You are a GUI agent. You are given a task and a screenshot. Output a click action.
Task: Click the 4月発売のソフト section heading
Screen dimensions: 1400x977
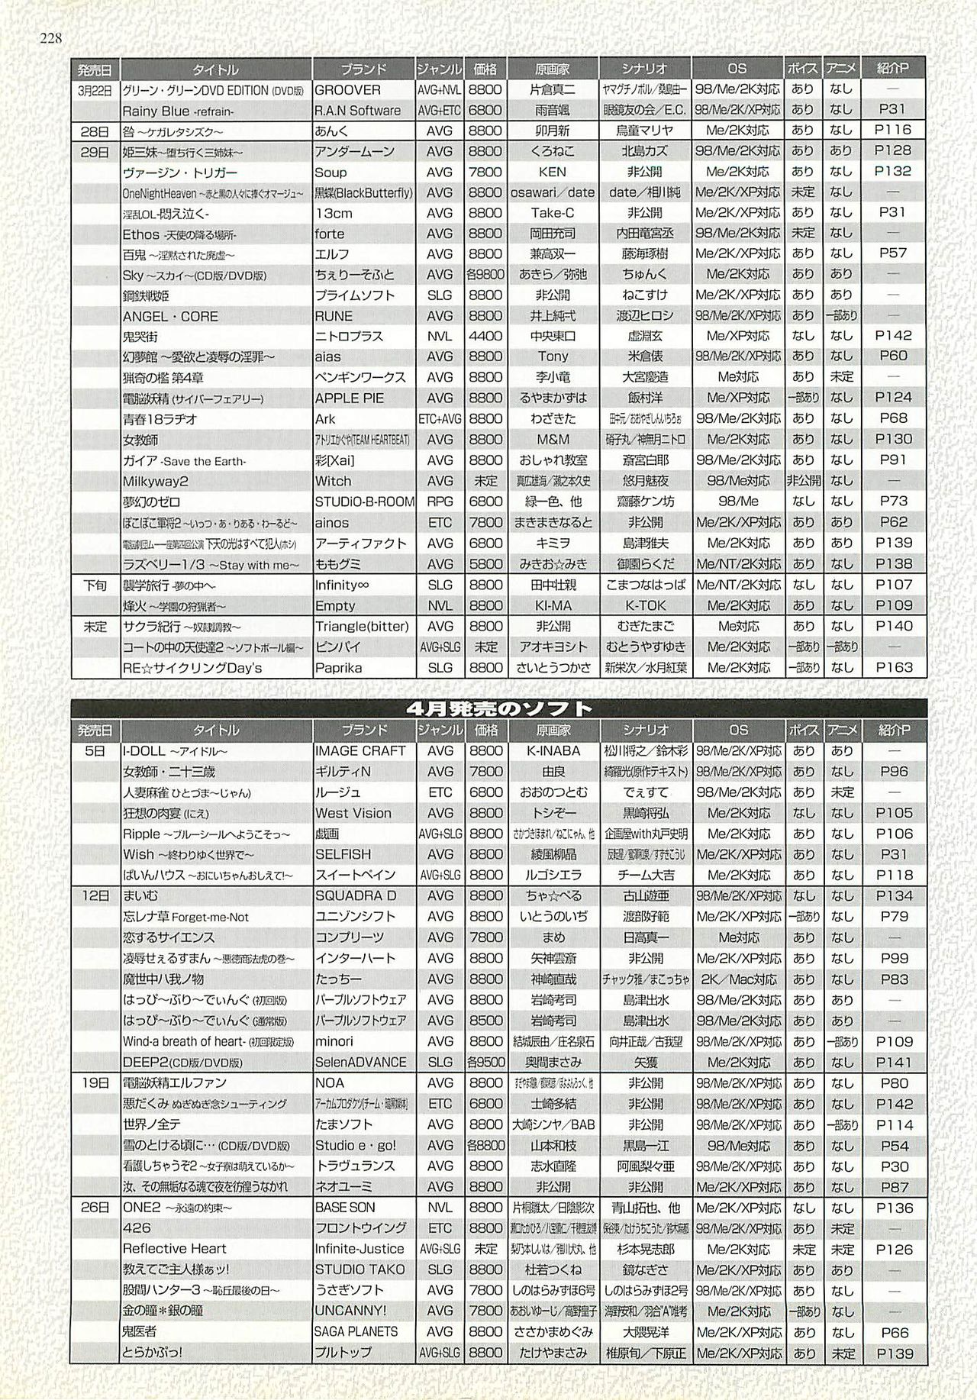tap(500, 708)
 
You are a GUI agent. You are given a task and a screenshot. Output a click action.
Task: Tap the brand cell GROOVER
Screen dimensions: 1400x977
tap(347, 89)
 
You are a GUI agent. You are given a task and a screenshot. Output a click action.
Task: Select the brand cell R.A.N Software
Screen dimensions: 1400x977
tap(357, 110)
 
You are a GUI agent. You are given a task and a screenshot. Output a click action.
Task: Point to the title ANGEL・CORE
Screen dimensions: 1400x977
tap(170, 316)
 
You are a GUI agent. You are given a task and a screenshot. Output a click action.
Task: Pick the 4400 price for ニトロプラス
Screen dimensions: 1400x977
tap(485, 336)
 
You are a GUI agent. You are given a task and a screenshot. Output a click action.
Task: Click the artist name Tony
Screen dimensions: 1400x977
tap(553, 356)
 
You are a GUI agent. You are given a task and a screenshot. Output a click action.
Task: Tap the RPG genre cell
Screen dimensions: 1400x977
tap(440, 502)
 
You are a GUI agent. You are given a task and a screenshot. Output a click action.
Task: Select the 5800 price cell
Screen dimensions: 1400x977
tap(485, 564)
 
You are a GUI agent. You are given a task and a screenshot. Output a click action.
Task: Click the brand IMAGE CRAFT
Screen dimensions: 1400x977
tap(360, 751)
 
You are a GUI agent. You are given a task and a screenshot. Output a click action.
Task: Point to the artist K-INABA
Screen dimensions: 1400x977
tap(553, 751)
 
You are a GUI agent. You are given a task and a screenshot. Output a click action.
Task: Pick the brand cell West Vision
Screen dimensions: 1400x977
tap(353, 813)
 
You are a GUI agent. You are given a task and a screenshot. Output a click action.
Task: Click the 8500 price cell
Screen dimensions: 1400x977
tap(485, 1021)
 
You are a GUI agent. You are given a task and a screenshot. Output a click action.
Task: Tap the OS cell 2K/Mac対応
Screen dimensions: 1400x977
tap(738, 979)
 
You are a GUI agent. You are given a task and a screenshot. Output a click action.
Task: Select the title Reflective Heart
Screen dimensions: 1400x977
tap(175, 1249)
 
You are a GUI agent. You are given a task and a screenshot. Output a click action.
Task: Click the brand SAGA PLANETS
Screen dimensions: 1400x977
tap(356, 1331)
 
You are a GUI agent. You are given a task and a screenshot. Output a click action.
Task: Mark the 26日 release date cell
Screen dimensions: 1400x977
tap(95, 1208)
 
